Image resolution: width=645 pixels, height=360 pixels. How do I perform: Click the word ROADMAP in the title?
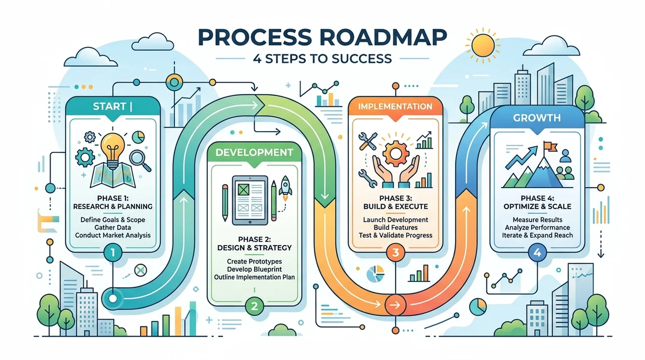pyautogui.click(x=380, y=37)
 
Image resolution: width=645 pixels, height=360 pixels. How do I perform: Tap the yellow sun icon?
pyautogui.click(x=483, y=45)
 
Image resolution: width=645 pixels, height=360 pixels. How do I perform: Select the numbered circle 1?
pyautogui.click(x=112, y=253)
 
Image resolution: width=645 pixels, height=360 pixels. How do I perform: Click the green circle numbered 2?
pyautogui.click(x=254, y=306)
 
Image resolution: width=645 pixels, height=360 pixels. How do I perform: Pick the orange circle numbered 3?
pyautogui.click(x=396, y=253)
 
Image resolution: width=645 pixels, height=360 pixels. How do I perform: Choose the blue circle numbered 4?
pyautogui.click(x=537, y=253)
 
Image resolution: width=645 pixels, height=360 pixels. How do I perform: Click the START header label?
pyautogui.click(x=109, y=106)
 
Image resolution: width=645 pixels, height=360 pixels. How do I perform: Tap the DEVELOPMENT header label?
pyautogui.click(x=254, y=152)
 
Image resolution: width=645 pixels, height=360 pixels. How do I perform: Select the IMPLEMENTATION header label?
pyautogui.click(x=395, y=106)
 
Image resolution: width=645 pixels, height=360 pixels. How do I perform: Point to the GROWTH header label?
pyautogui.click(x=537, y=118)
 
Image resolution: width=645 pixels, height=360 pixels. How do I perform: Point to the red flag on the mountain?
pyautogui.click(x=550, y=146)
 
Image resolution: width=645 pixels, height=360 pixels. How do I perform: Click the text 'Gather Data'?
pyautogui.click(x=112, y=227)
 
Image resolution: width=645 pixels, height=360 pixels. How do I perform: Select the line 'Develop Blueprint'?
pyautogui.click(x=254, y=269)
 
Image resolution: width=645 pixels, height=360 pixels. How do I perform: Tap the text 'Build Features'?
pyautogui.click(x=396, y=227)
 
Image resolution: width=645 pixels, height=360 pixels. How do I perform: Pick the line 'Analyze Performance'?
pyautogui.click(x=537, y=227)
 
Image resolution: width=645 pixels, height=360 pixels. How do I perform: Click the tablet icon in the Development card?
pyautogui.click(x=250, y=200)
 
